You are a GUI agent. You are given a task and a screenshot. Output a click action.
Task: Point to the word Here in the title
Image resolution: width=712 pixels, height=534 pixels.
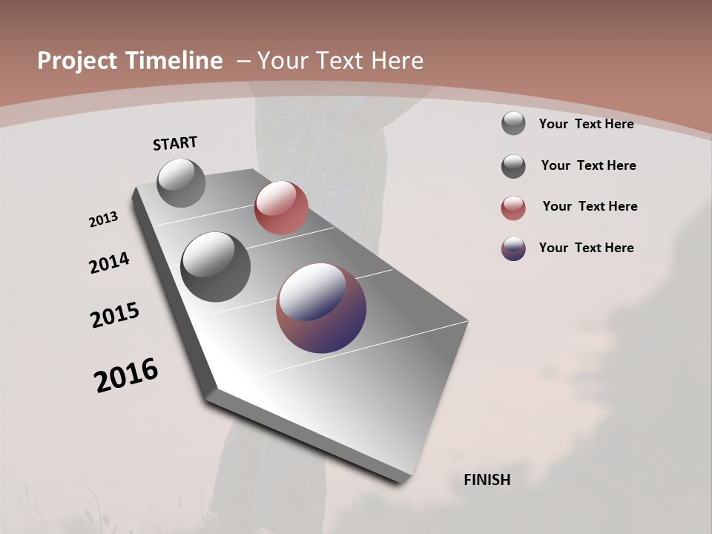(397, 61)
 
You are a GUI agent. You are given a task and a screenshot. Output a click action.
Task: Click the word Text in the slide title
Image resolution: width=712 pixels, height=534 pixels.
(340, 61)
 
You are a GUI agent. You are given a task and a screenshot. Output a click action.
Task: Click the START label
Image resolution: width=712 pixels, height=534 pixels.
(175, 143)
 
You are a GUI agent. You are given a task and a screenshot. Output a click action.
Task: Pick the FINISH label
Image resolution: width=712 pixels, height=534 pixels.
(487, 480)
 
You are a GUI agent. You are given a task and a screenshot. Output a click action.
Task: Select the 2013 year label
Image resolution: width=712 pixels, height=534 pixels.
(103, 220)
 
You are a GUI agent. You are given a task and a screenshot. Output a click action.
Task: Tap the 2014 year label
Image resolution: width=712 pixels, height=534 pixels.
(109, 263)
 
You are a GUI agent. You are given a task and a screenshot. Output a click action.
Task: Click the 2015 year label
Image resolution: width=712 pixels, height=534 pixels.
(115, 315)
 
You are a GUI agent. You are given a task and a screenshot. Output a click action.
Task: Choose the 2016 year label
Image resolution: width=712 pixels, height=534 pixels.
(126, 375)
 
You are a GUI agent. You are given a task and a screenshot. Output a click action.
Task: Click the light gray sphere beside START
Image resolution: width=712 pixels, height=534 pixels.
(181, 183)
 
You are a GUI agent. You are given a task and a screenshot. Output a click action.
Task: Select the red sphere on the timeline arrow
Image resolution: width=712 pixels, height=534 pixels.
(281, 208)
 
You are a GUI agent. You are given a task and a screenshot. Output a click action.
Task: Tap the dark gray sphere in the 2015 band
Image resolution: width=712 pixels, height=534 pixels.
(215, 267)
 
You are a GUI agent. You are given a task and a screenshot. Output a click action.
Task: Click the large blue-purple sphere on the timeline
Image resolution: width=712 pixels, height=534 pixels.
(321, 308)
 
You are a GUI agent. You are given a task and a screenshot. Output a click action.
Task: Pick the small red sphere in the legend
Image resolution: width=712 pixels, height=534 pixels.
(513, 208)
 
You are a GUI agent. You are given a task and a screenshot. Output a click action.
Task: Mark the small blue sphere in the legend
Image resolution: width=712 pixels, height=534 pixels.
(513, 248)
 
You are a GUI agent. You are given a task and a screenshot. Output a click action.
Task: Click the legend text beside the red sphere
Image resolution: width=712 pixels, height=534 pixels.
(590, 206)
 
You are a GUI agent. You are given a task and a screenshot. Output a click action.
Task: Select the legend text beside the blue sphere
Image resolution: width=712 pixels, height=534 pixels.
(586, 248)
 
